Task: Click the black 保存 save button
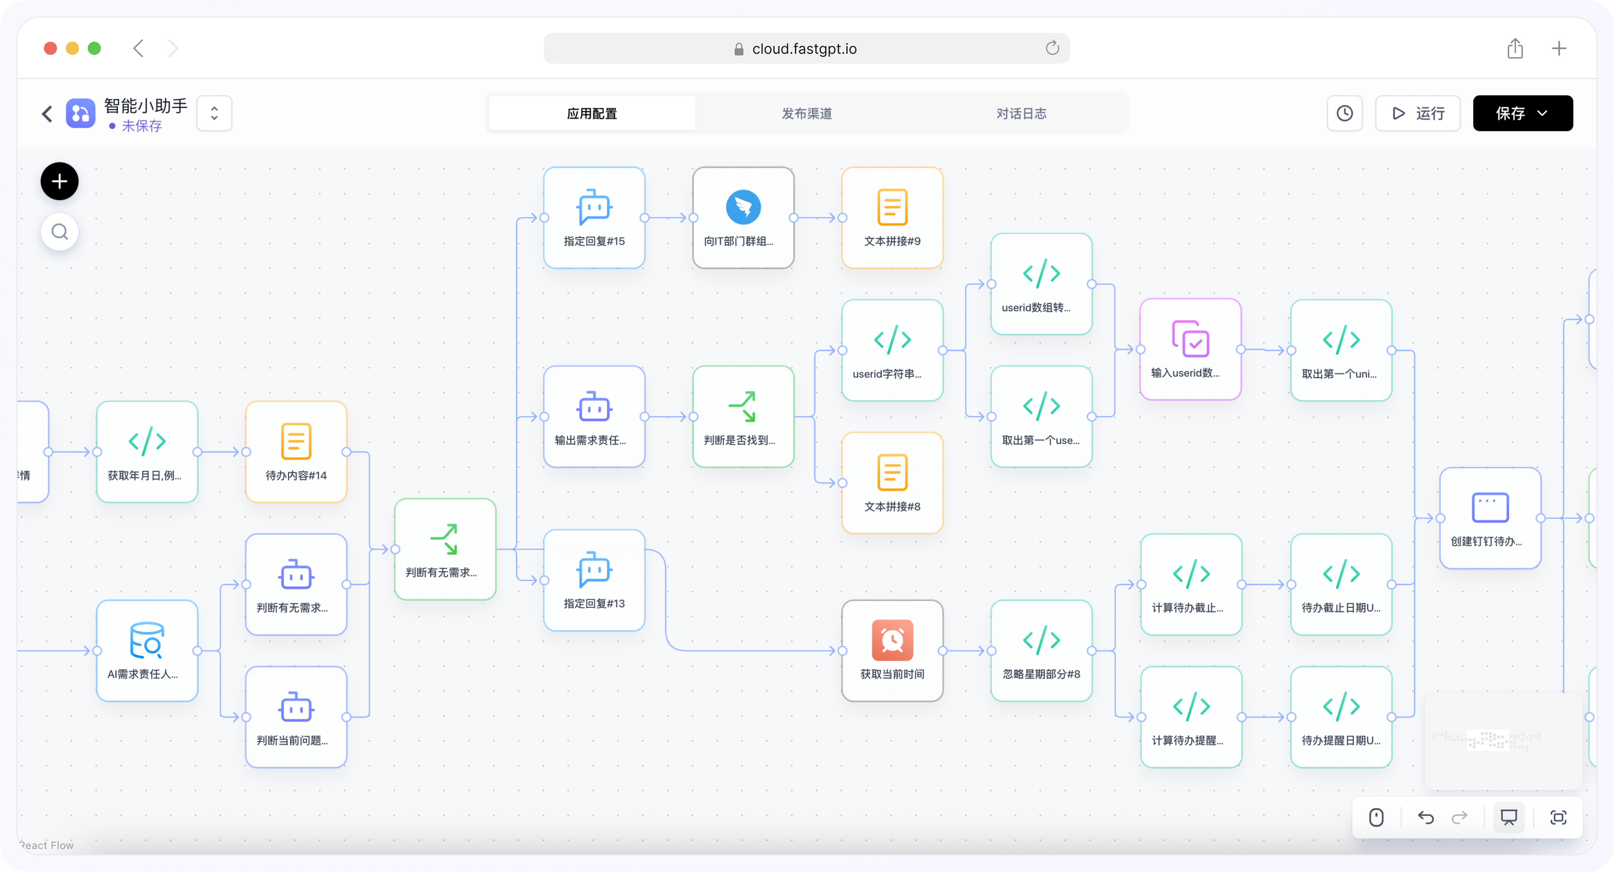[x=1522, y=113]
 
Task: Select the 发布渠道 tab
[x=806, y=113]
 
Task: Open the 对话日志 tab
[x=1021, y=113]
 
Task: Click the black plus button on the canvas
[x=60, y=181]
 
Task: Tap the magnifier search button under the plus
[x=60, y=232]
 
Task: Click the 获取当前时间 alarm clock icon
[x=892, y=640]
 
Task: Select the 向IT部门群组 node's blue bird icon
[x=743, y=207]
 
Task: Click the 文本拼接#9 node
[x=892, y=218]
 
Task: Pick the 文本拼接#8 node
[x=892, y=483]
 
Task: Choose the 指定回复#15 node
[x=594, y=218]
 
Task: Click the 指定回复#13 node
[x=594, y=580]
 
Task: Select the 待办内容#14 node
[x=296, y=451]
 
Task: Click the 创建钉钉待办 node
[x=1490, y=518]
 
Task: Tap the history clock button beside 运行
[x=1345, y=113]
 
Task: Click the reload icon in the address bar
[x=1052, y=48]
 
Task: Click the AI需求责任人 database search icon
[x=147, y=640]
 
